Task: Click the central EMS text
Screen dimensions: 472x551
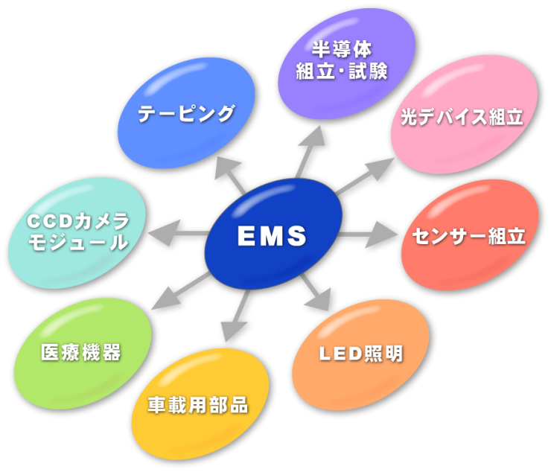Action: [x=272, y=236]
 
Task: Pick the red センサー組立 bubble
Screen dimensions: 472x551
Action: [x=469, y=237]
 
